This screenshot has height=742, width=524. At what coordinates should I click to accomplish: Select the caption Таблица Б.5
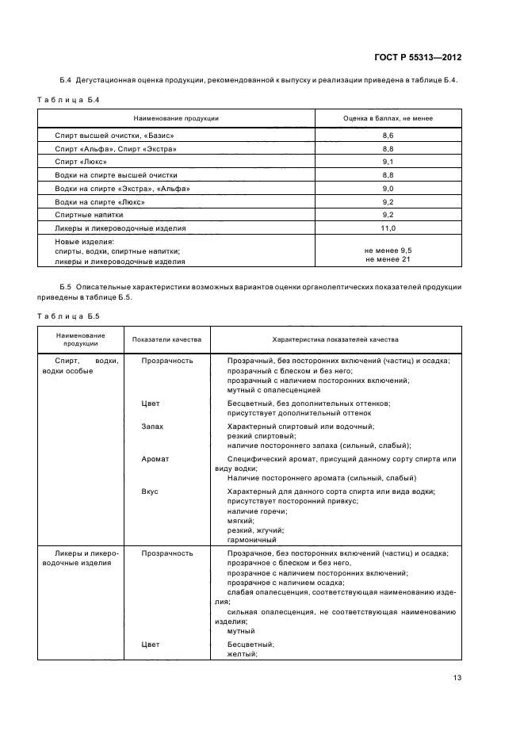[x=67, y=316]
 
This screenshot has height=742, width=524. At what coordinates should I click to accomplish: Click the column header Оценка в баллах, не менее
[x=388, y=118]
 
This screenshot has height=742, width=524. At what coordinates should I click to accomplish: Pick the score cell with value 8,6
[x=388, y=136]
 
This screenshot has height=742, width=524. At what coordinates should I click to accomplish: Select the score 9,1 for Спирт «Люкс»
[x=388, y=161]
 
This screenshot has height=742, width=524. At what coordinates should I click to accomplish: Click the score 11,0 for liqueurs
[x=388, y=228]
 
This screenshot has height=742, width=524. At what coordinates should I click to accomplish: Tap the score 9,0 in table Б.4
[x=388, y=188]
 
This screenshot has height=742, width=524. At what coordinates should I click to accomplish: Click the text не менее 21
[x=388, y=259]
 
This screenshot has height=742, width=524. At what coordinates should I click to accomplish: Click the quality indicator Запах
[x=152, y=426]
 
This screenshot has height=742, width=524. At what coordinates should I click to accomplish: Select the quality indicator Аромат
[x=155, y=459]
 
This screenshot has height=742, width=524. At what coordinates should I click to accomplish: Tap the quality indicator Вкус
[x=149, y=491]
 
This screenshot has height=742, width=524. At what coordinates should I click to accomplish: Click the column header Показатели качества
[x=166, y=339]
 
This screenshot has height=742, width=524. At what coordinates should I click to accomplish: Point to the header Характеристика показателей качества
[x=335, y=339]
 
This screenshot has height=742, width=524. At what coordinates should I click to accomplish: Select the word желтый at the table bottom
[x=242, y=655]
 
